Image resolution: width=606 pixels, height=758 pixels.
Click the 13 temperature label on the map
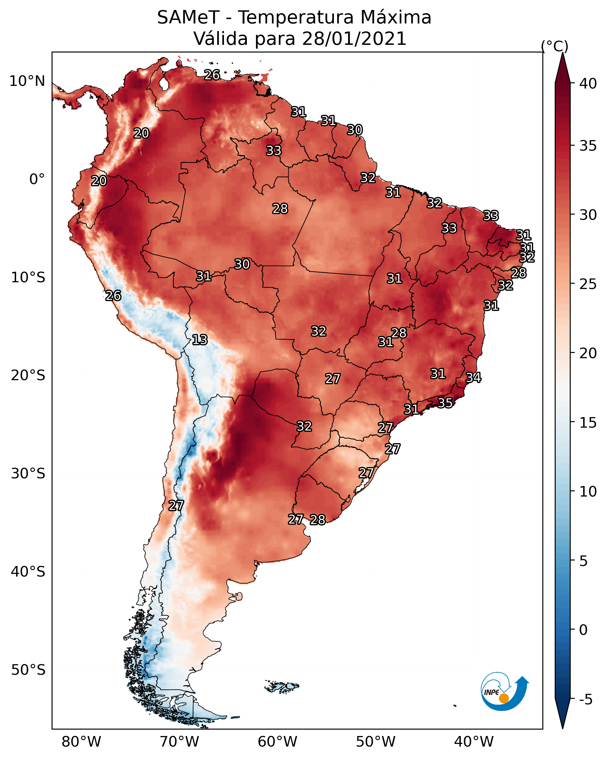(199, 340)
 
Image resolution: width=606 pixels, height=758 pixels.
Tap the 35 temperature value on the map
(445, 402)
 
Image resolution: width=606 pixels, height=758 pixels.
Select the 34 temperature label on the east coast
(473, 377)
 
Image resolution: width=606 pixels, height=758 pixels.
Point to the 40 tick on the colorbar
(588, 83)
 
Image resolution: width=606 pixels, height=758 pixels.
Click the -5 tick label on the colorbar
(585, 699)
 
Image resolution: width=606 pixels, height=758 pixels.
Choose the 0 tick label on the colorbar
(583, 630)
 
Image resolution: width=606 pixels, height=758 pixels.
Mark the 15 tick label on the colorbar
(588, 423)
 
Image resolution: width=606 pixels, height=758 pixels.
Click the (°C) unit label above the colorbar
(555, 46)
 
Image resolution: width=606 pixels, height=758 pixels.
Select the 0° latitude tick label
(37, 179)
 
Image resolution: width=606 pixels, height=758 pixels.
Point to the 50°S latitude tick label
(28, 670)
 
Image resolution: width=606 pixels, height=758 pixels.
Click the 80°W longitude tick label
(81, 742)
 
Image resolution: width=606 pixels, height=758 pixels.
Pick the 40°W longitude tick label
(474, 742)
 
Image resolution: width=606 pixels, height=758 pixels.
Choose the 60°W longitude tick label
(278, 742)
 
